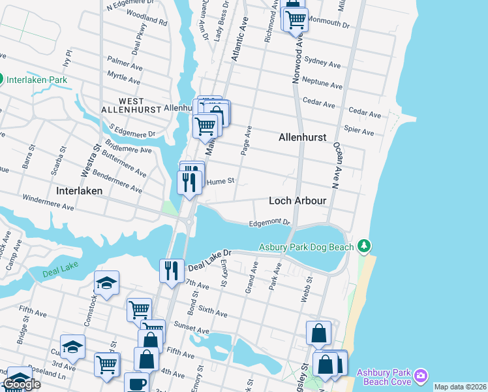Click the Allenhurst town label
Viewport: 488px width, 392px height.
click(302, 138)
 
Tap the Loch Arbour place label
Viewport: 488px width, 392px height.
click(297, 201)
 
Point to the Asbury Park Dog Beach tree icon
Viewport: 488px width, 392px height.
click(365, 246)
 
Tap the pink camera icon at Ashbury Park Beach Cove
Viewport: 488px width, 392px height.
click(421, 375)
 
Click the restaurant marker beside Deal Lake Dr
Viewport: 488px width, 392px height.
click(171, 270)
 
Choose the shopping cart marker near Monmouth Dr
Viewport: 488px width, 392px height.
click(296, 19)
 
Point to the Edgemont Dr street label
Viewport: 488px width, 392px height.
click(269, 223)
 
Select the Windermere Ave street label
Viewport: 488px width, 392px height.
click(48, 201)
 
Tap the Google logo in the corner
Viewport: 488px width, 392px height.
click(22, 384)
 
